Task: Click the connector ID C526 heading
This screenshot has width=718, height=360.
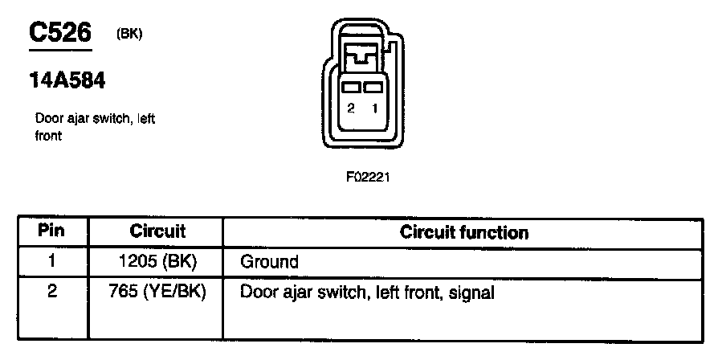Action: coord(60,33)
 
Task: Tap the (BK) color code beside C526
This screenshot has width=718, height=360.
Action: coord(129,34)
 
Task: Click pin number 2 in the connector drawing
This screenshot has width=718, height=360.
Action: coord(351,108)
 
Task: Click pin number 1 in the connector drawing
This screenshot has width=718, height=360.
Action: coord(374,108)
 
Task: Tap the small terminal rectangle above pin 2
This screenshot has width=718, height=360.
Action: coord(351,86)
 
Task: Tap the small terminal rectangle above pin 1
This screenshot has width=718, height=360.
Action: coord(371,86)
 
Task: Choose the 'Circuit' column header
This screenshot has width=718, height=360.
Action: coord(157,231)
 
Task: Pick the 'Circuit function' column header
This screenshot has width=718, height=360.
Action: coord(464,233)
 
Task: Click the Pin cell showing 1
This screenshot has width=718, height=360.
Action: coord(52,260)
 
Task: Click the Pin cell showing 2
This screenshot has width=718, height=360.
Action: coord(52,292)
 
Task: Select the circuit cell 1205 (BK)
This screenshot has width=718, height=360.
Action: coord(157,261)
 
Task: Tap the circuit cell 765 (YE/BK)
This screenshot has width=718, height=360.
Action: coord(157,292)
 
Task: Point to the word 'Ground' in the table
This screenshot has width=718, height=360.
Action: coord(270,262)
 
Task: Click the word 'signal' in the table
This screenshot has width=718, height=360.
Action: coord(471,293)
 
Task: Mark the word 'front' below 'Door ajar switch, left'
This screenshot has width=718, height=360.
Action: coord(49,137)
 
